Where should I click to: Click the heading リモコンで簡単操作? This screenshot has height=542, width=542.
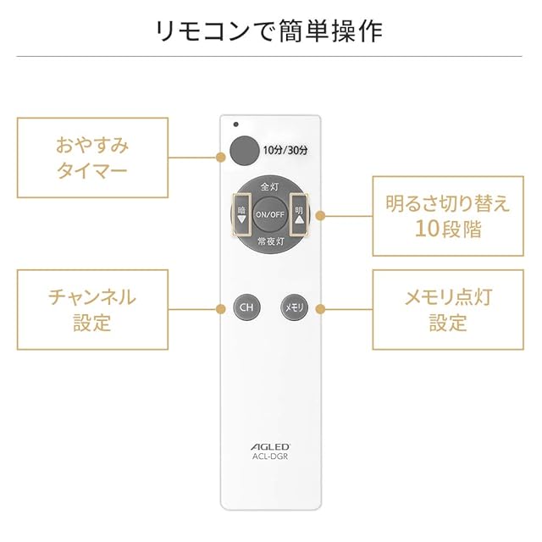270,30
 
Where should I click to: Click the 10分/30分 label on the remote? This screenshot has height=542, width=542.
285,150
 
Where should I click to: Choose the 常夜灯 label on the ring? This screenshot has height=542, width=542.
270,241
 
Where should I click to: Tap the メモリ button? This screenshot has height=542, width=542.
292,307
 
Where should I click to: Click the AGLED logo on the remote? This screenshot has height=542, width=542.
270,446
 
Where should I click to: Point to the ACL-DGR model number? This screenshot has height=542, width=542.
270,458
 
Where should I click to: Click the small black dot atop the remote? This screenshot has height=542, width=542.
236,124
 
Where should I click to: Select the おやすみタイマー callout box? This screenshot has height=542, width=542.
92,157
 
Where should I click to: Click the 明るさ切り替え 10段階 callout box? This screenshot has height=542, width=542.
448,215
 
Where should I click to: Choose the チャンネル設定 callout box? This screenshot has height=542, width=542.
92,309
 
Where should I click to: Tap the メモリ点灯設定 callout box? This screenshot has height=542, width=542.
448,309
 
